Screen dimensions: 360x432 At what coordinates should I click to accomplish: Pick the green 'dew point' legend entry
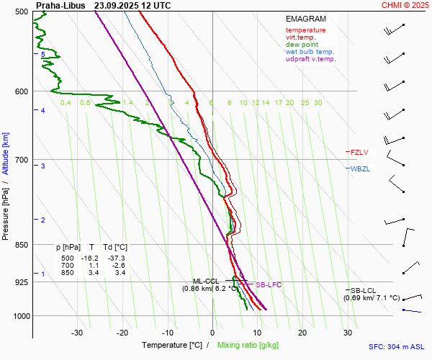tap(302, 45)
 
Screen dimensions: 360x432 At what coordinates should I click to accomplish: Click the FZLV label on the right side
tap(359, 152)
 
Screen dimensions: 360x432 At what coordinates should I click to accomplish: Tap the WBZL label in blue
tap(359, 168)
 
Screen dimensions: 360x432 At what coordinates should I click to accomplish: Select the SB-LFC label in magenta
tap(269, 285)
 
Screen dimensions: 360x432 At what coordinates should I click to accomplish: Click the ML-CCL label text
tap(205, 281)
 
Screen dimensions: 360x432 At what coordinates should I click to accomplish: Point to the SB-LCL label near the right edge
tap(364, 289)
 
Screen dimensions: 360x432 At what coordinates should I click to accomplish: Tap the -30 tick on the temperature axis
tap(77, 333)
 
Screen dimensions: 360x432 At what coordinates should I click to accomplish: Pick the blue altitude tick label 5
tap(43, 55)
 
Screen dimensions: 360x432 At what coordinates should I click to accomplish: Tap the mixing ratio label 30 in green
tap(318, 103)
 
